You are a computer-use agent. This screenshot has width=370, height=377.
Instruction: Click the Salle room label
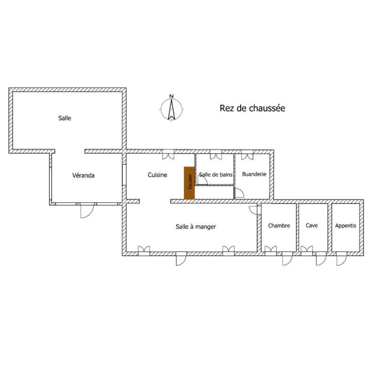click(x=65, y=118)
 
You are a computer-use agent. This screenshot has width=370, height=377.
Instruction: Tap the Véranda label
click(x=83, y=175)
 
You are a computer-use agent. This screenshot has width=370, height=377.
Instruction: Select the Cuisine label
click(x=157, y=175)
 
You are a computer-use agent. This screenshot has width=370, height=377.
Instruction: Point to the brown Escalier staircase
click(x=189, y=183)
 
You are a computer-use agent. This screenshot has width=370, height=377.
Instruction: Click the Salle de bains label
click(x=216, y=174)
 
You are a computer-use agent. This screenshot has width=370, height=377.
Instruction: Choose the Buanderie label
click(x=254, y=174)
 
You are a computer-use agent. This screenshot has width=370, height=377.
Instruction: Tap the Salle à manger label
click(x=196, y=227)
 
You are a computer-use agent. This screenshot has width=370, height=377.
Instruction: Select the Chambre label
click(x=279, y=226)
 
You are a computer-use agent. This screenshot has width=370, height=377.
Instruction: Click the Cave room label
click(x=312, y=226)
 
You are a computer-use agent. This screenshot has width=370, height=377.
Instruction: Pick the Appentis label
click(x=346, y=226)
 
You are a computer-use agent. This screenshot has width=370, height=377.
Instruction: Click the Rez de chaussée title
click(x=252, y=108)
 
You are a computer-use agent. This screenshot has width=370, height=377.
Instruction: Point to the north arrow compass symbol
click(x=172, y=109)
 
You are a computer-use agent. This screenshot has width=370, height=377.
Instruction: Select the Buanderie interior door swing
click(x=239, y=192)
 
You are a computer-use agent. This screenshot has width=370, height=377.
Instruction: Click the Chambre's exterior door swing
click(x=287, y=259)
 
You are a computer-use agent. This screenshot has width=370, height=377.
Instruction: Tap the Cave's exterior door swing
click(x=321, y=259)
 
